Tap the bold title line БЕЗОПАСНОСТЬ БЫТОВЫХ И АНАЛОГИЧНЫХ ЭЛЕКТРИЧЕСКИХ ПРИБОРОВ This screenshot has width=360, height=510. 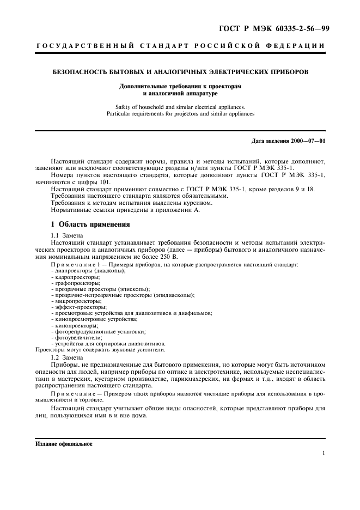179,72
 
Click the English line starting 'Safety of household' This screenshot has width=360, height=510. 180,107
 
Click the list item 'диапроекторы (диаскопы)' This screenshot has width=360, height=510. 88,271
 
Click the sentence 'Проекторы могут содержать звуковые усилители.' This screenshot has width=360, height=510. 100,350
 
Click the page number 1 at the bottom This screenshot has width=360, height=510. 324,453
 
